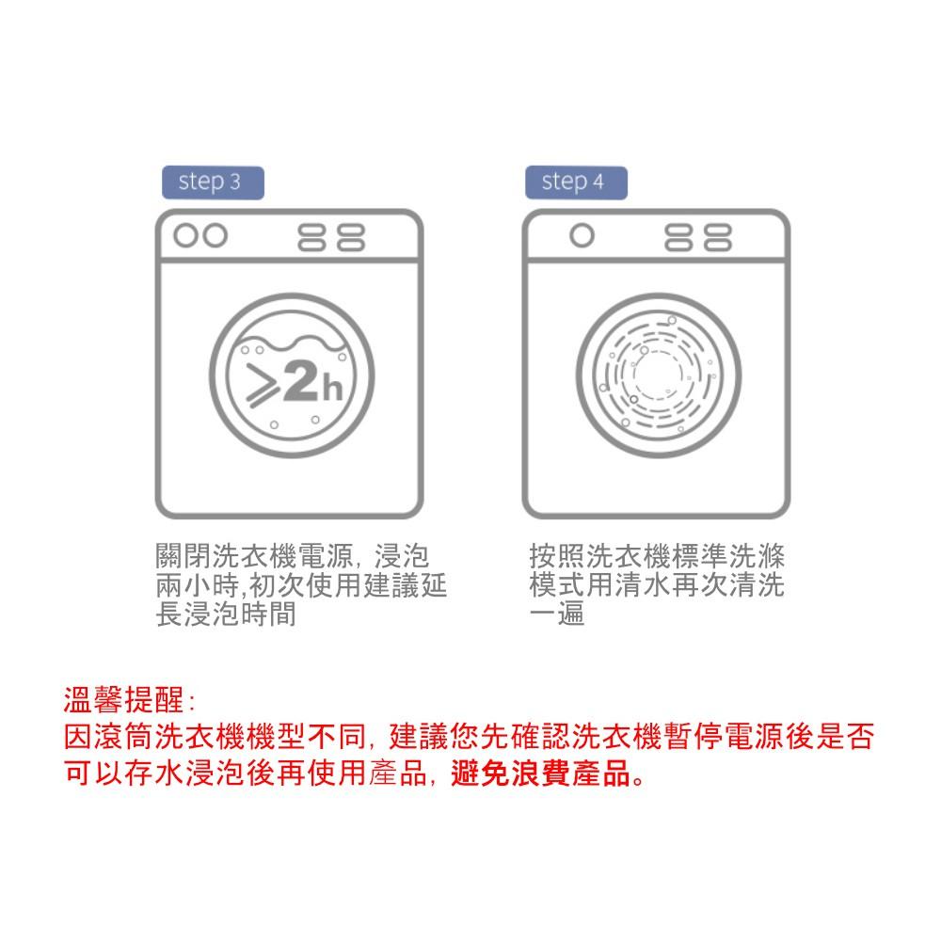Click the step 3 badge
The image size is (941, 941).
point(213,183)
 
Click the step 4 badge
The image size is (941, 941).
point(576,183)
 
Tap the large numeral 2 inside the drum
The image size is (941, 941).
point(301,382)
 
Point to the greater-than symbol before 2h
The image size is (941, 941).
point(263,386)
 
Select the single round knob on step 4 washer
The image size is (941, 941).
point(582,235)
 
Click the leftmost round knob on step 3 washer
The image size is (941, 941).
point(185,235)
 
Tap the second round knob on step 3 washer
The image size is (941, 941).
point(215,235)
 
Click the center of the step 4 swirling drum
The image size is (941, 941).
point(659,375)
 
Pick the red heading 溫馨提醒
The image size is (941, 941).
point(123,700)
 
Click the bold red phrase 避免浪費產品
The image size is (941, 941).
point(541,773)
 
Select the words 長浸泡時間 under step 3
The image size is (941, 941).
point(226,614)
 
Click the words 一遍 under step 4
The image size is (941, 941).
point(557,614)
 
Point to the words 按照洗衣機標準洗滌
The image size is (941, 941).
point(657,556)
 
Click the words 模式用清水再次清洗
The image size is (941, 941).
point(657,585)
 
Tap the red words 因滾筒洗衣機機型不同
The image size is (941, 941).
point(215,737)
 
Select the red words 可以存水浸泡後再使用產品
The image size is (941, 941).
point(245,773)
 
